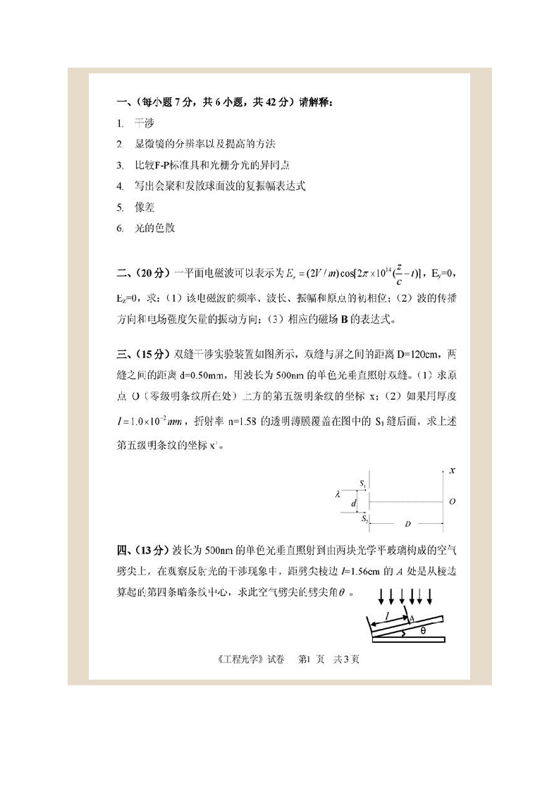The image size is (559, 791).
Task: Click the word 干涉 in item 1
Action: pyautogui.click(x=144, y=123)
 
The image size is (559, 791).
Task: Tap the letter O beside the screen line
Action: pyautogui.click(x=452, y=502)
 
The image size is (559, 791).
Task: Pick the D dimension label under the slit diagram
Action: pyautogui.click(x=407, y=525)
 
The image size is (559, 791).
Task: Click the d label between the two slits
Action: pyautogui.click(x=354, y=502)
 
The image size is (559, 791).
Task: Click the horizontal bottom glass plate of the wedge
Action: pyautogui.click(x=409, y=640)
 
